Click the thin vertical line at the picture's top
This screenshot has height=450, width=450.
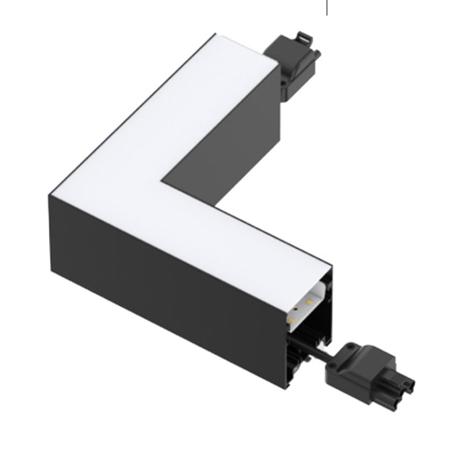(x=328, y=8)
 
